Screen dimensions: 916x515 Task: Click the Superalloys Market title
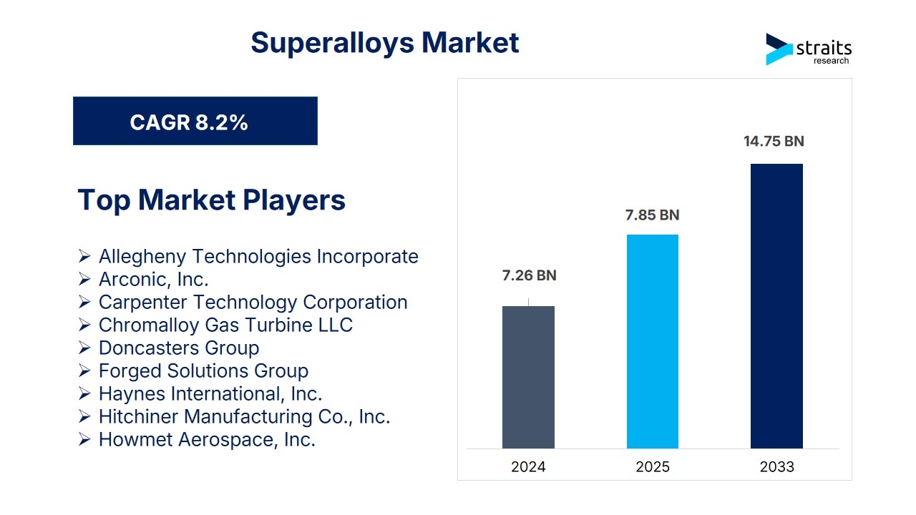pyautogui.click(x=385, y=43)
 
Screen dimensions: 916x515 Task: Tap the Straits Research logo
pyautogui.click(x=809, y=49)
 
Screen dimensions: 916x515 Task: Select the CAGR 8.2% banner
pyautogui.click(x=195, y=121)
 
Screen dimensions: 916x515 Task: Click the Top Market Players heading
pyautogui.click(x=211, y=200)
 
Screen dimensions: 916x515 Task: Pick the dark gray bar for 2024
pyautogui.click(x=528, y=377)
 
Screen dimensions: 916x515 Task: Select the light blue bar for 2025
pyautogui.click(x=653, y=342)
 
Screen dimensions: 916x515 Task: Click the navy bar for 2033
pyautogui.click(x=776, y=306)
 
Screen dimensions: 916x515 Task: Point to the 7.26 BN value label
pyautogui.click(x=529, y=275)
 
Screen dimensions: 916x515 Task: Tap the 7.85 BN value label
pyautogui.click(x=652, y=215)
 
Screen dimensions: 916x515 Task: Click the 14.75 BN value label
pyautogui.click(x=774, y=141)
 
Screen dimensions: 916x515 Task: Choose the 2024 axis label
pyautogui.click(x=528, y=467)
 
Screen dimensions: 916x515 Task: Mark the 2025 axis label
pyautogui.click(x=653, y=467)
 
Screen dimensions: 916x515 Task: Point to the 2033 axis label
pyautogui.click(x=777, y=467)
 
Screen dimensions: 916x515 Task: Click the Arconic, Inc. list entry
pyautogui.click(x=154, y=280)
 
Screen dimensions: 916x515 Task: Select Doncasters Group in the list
pyautogui.click(x=179, y=348)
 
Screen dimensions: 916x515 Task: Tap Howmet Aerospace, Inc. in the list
pyautogui.click(x=208, y=440)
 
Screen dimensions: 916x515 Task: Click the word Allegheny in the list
pyautogui.click(x=143, y=257)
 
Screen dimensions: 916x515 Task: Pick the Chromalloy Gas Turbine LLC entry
pyautogui.click(x=225, y=325)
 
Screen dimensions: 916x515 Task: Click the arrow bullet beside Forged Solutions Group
pyautogui.click(x=84, y=371)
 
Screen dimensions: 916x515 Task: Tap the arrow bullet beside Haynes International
pyautogui.click(x=84, y=393)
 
